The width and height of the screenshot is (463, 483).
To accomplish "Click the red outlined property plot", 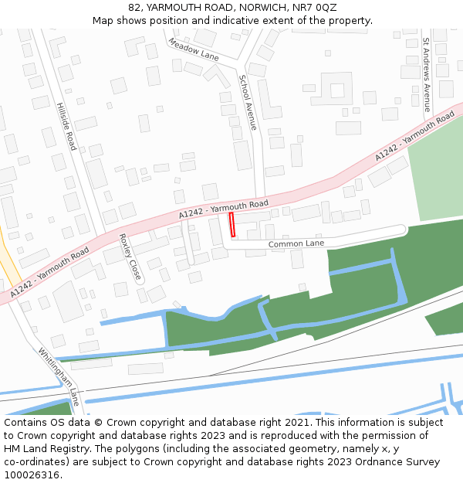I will (x=232, y=226).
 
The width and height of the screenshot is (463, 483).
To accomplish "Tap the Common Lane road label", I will (x=296, y=244).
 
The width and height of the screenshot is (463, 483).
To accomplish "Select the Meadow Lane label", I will (x=193, y=49).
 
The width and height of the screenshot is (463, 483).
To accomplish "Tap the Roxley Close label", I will (x=130, y=257).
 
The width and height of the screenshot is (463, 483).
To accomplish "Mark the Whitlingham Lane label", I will (x=59, y=376).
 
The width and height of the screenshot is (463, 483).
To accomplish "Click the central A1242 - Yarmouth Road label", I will (x=223, y=208).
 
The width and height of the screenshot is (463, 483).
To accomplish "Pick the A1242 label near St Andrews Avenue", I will (x=414, y=138).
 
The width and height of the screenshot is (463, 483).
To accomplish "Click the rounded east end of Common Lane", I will (x=401, y=230).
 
